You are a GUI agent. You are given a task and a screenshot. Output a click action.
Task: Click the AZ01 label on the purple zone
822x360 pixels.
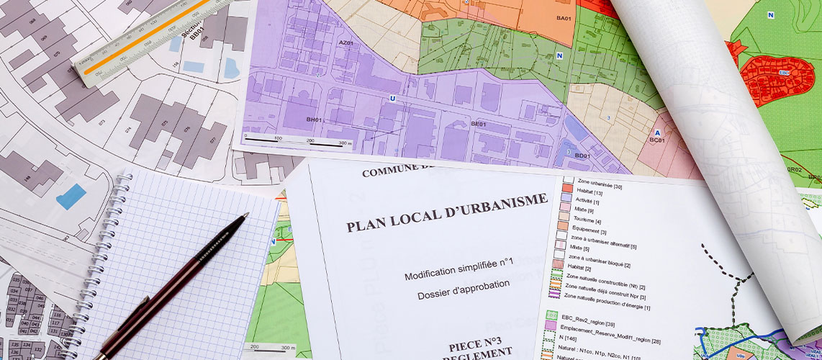pos(346,43)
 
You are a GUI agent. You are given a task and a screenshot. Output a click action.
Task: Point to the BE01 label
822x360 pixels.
pos(479,124)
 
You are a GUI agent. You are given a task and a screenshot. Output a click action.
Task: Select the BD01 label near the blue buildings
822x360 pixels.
pos(582,155)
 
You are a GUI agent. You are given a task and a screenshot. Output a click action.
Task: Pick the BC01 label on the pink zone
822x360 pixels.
pos(656,140)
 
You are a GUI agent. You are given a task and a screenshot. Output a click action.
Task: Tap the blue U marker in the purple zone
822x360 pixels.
pos(392,98)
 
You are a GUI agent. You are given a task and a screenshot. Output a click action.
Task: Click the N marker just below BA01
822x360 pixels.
pos(559,55)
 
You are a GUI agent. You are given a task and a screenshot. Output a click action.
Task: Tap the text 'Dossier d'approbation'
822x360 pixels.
pos(463,289)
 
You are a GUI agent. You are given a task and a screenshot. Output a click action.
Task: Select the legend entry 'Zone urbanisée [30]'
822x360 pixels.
pos(598,186)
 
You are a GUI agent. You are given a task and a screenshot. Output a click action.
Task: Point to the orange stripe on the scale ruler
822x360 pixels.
pos(144,37)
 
